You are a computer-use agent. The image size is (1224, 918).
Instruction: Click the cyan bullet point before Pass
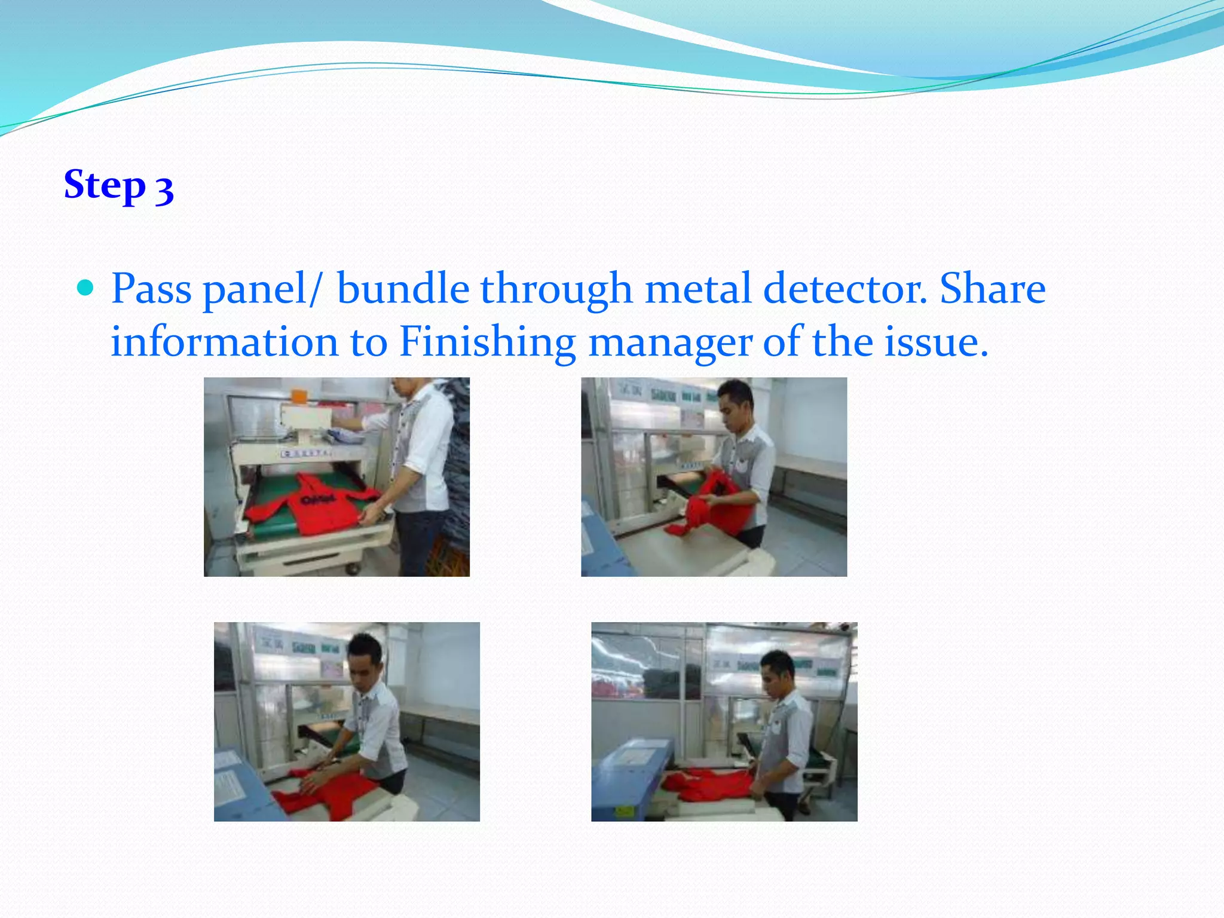[86, 289]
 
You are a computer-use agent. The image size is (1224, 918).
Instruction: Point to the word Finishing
[487, 342]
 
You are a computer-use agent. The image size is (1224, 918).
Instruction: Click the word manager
[670, 343]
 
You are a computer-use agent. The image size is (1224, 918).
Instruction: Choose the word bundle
[403, 289]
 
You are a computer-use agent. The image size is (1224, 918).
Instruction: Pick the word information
[224, 342]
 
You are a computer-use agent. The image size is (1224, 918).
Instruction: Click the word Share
[992, 289]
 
